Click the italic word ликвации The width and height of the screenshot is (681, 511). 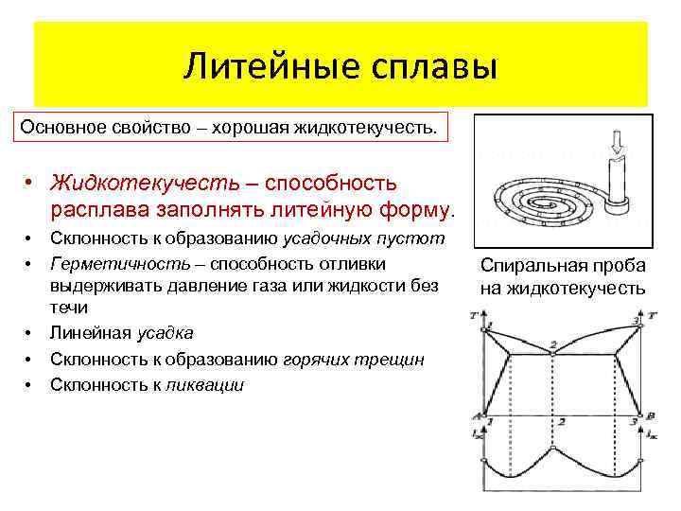coord(205,384)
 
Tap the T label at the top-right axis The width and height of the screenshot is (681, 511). coord(653,318)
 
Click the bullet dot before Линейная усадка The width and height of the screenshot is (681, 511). coord(30,333)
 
